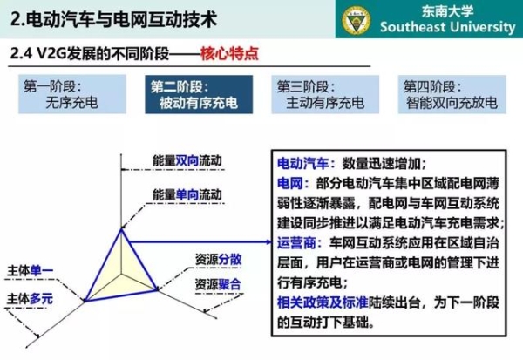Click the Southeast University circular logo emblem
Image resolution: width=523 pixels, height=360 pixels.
[x=357, y=20]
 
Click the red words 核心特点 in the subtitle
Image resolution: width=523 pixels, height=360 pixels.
[x=229, y=53]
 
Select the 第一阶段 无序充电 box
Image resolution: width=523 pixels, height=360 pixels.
[x=72, y=94]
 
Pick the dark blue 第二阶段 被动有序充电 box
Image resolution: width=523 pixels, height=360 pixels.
[x=199, y=94]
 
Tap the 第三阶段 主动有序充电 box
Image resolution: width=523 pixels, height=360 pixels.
[x=325, y=94]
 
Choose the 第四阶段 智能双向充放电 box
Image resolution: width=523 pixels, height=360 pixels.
[x=452, y=94]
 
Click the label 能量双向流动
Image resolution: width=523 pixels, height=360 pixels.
[x=187, y=160]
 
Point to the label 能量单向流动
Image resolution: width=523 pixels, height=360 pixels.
[x=187, y=194]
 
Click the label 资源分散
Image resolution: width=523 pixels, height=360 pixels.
[x=218, y=259]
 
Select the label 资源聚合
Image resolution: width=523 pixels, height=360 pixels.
[x=218, y=284]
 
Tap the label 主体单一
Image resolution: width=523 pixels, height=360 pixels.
[x=30, y=270]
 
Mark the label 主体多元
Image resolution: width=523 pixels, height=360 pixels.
[x=30, y=299]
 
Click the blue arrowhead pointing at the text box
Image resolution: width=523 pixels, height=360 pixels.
[x=268, y=242]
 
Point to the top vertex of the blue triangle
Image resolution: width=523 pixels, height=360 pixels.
[x=121, y=229]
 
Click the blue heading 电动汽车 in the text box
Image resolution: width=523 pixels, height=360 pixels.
[x=303, y=164]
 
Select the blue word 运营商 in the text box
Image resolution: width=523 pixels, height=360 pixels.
[x=296, y=243]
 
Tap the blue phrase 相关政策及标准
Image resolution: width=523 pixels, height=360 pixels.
[x=323, y=302]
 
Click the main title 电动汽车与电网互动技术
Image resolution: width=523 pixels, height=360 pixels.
[x=122, y=19]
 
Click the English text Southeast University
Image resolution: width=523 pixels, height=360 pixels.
[x=448, y=27]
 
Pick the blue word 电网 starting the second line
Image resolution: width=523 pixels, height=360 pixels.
[x=290, y=184]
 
